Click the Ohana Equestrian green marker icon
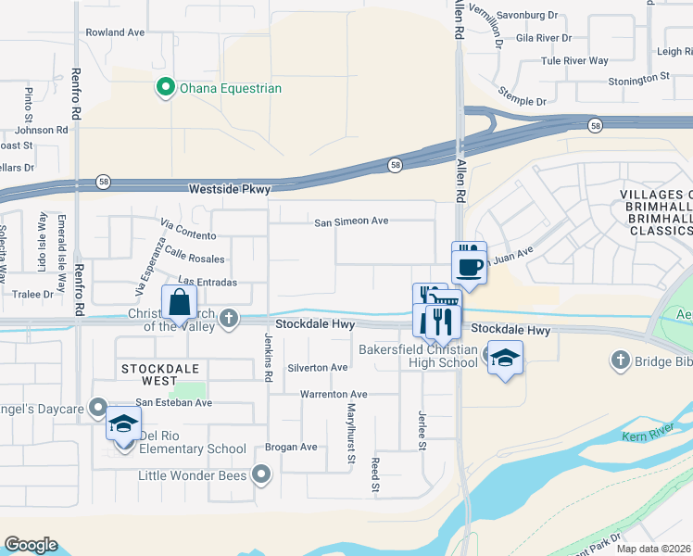pyautogui.click(x=166, y=88)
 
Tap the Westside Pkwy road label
pyautogui.click(x=229, y=189)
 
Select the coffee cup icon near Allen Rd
pyautogui.click(x=470, y=266)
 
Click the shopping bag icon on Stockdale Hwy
pyautogui.click(x=178, y=303)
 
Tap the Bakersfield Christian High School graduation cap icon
pyautogui.click(x=505, y=358)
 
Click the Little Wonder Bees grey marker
pyautogui.click(x=262, y=475)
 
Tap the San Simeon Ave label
pyautogui.click(x=351, y=222)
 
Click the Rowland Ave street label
pyautogui.click(x=116, y=32)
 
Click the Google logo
pyautogui.click(x=31, y=545)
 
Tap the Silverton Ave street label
pyautogui.click(x=318, y=368)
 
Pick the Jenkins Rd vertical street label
pyautogui.click(x=268, y=360)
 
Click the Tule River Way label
pyautogui.click(x=574, y=61)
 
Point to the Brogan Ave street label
pyautogui.click(x=291, y=448)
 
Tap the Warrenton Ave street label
pyautogui.click(x=333, y=395)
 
